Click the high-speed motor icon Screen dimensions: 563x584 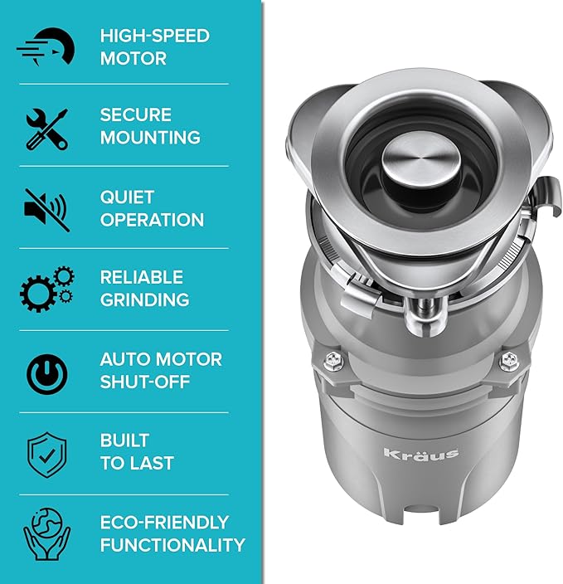pyautogui.click(x=46, y=47)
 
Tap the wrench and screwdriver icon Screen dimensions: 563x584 pyautogui.click(x=47, y=129)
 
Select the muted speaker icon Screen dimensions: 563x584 pyautogui.click(x=47, y=211)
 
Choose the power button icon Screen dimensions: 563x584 pyautogui.click(x=47, y=374)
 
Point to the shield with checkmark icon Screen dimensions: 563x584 pyautogui.click(x=47, y=455)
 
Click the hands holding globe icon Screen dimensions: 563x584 pyautogui.click(x=47, y=534)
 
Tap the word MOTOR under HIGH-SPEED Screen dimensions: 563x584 pyautogui.click(x=133, y=58)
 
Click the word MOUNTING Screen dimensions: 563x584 pyautogui.click(x=150, y=138)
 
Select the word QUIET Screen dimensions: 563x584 pyautogui.click(x=127, y=197)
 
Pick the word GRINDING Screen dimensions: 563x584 pyautogui.click(x=144, y=299)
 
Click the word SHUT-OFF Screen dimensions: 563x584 pyautogui.click(x=145, y=382)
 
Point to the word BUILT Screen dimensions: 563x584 pyautogui.click(x=124, y=440)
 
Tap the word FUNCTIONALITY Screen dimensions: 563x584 pyautogui.click(x=172, y=545)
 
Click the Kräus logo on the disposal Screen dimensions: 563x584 pyautogui.click(x=421, y=453)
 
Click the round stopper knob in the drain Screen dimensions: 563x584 pyautogui.click(x=420, y=161)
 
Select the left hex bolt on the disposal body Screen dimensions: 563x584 pyautogui.click(x=333, y=360)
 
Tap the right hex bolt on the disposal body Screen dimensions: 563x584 pyautogui.click(x=509, y=360)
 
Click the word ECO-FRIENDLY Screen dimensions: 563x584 pyautogui.click(x=164, y=522)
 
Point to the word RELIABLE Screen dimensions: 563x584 pyautogui.click(x=142, y=277)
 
